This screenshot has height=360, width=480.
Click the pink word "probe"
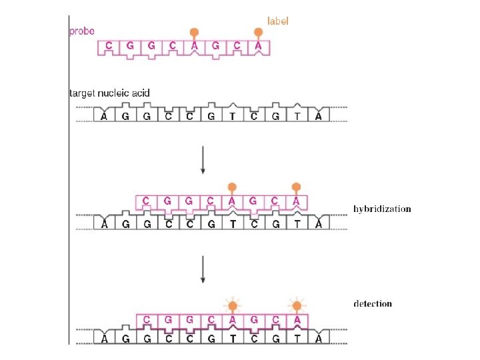click(83, 31)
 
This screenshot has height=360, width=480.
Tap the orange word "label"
click(278, 21)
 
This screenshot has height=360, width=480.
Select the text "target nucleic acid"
click(110, 93)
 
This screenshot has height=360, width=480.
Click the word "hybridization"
click(382, 209)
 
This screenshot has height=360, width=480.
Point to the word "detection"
click(373, 304)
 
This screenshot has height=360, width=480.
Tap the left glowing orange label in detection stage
click(232, 306)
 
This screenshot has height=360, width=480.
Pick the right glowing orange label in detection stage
click(297, 306)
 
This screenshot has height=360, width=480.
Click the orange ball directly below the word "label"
click(258, 32)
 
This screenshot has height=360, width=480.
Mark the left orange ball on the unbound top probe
click(194, 32)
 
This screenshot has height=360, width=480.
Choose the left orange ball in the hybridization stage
click(232, 187)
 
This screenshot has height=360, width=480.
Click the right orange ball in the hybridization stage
click(297, 187)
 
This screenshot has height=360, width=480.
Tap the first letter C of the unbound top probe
click(108, 46)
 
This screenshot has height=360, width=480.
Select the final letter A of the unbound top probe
click(259, 46)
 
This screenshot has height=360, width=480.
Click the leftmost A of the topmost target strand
click(104, 117)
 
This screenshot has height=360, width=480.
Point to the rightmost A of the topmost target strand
click(319, 117)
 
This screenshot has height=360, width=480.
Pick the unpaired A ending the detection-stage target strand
click(319, 339)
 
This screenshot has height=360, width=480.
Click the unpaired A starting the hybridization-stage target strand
click(104, 225)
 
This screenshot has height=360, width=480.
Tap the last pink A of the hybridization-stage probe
click(297, 201)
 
